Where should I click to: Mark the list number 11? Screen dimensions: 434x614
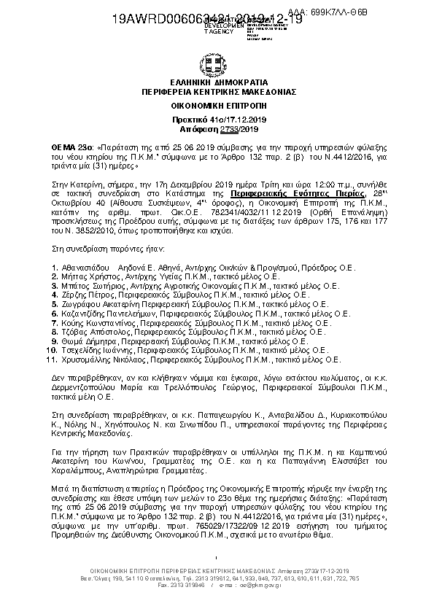[51, 359]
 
